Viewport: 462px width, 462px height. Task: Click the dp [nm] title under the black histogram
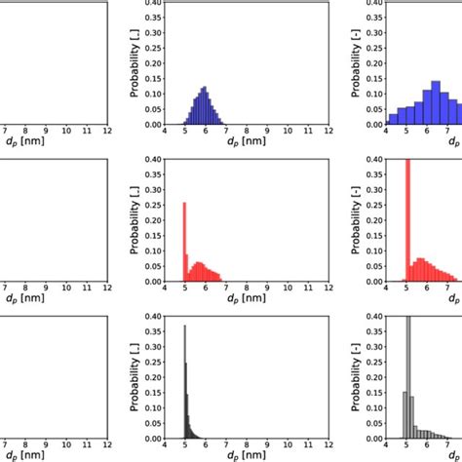click(x=204, y=456)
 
